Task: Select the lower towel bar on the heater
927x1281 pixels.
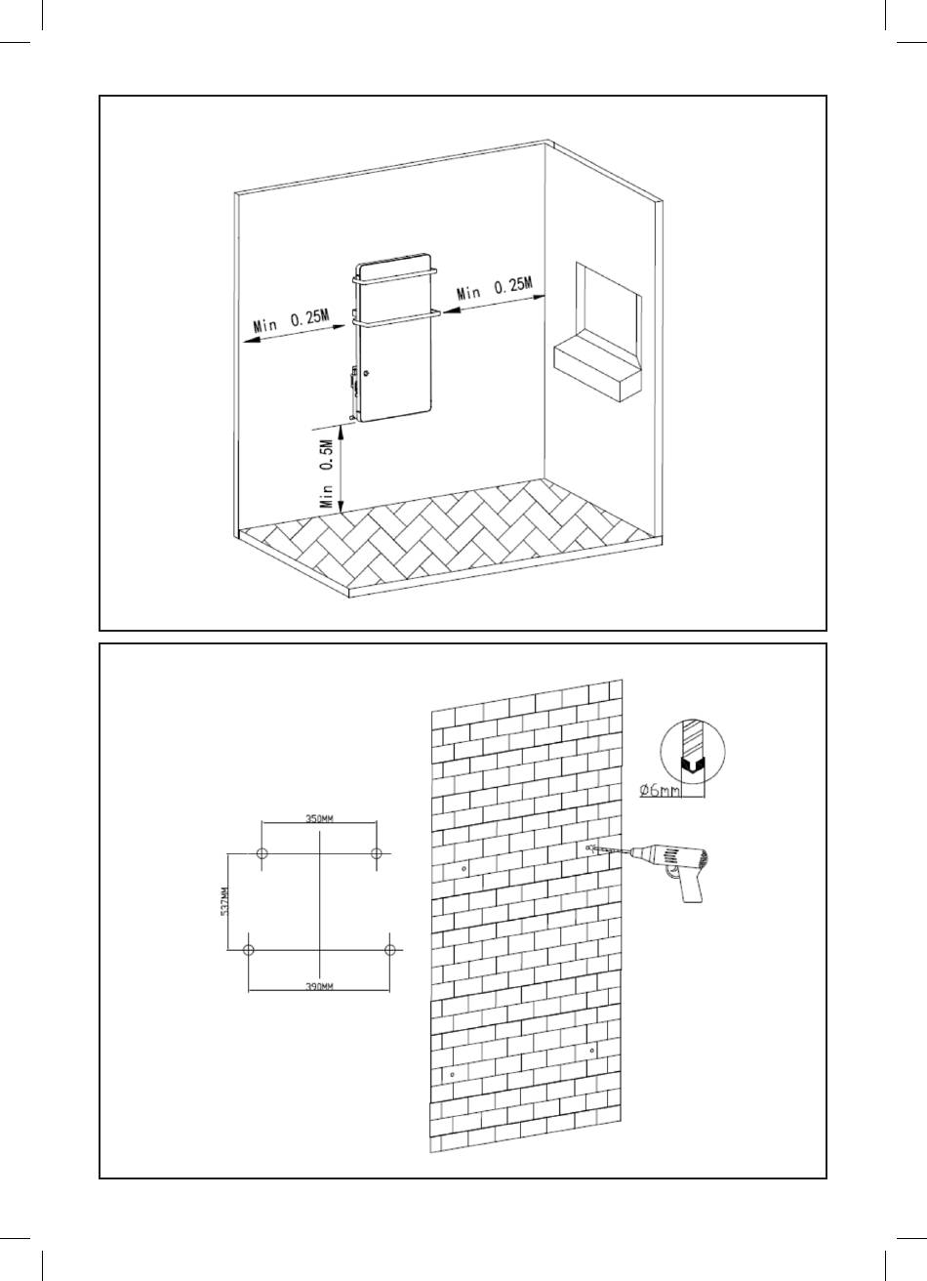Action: (396, 317)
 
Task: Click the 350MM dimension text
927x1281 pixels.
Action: (320, 818)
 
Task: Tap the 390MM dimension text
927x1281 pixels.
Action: (319, 987)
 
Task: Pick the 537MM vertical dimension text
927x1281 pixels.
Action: (224, 901)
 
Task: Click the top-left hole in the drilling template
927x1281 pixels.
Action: (262, 854)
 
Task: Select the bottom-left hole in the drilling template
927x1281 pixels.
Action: (249, 949)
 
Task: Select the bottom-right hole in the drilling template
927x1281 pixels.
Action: (390, 949)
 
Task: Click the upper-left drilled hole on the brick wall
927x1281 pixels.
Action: (463, 867)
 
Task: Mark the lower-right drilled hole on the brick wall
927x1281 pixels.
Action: (592, 1050)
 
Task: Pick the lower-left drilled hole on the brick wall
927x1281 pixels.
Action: (451, 1074)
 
